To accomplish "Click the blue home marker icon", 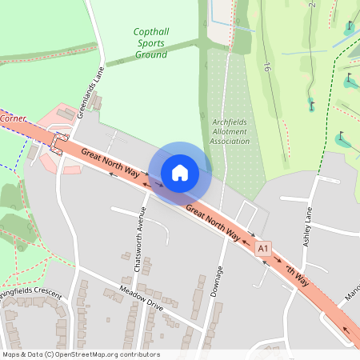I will (180, 172).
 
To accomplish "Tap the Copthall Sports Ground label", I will (151, 43).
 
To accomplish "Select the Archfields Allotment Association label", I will (230, 132).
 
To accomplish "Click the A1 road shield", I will (263, 250).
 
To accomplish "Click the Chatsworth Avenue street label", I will (138, 239).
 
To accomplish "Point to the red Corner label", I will (14, 118).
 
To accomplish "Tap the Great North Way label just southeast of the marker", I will (213, 222).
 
